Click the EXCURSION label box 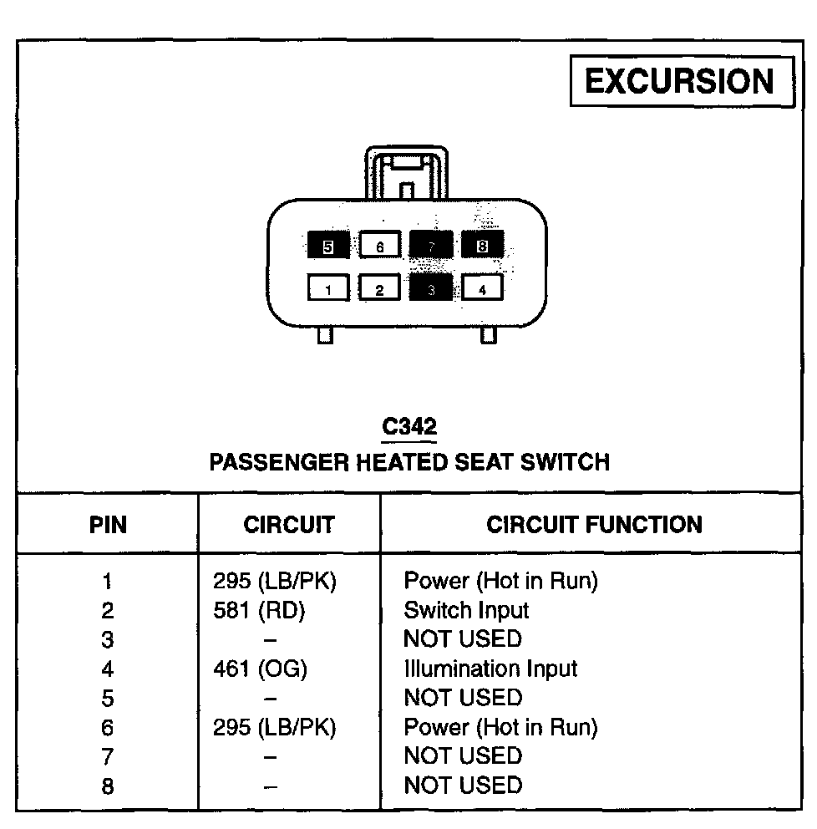point(681,82)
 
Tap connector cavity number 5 point(328,246)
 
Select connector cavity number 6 point(379,246)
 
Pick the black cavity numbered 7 point(431,246)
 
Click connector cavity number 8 point(482,246)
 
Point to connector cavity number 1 point(328,289)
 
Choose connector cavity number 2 point(379,289)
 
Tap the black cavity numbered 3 point(431,289)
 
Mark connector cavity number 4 point(482,289)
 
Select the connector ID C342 point(408,427)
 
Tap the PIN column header point(108,525)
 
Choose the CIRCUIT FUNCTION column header point(594,525)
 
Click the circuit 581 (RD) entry point(260,611)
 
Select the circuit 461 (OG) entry point(261,669)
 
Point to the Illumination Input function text point(490,669)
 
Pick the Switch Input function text point(466,611)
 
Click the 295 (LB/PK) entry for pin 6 point(274,728)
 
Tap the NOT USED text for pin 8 point(462,786)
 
